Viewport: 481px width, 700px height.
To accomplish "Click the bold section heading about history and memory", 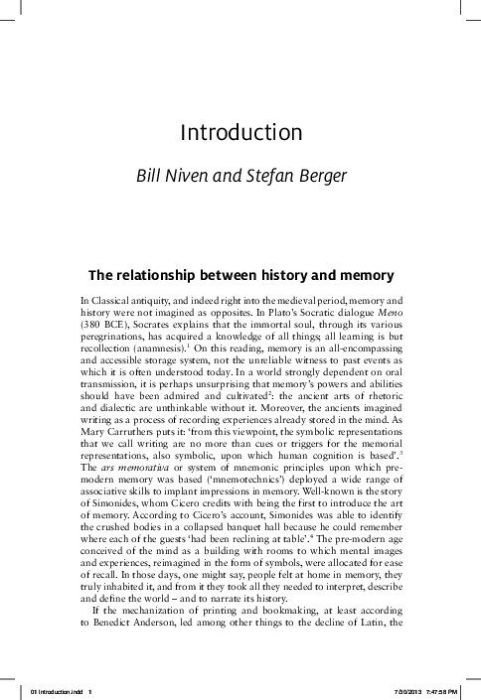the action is (240, 273).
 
